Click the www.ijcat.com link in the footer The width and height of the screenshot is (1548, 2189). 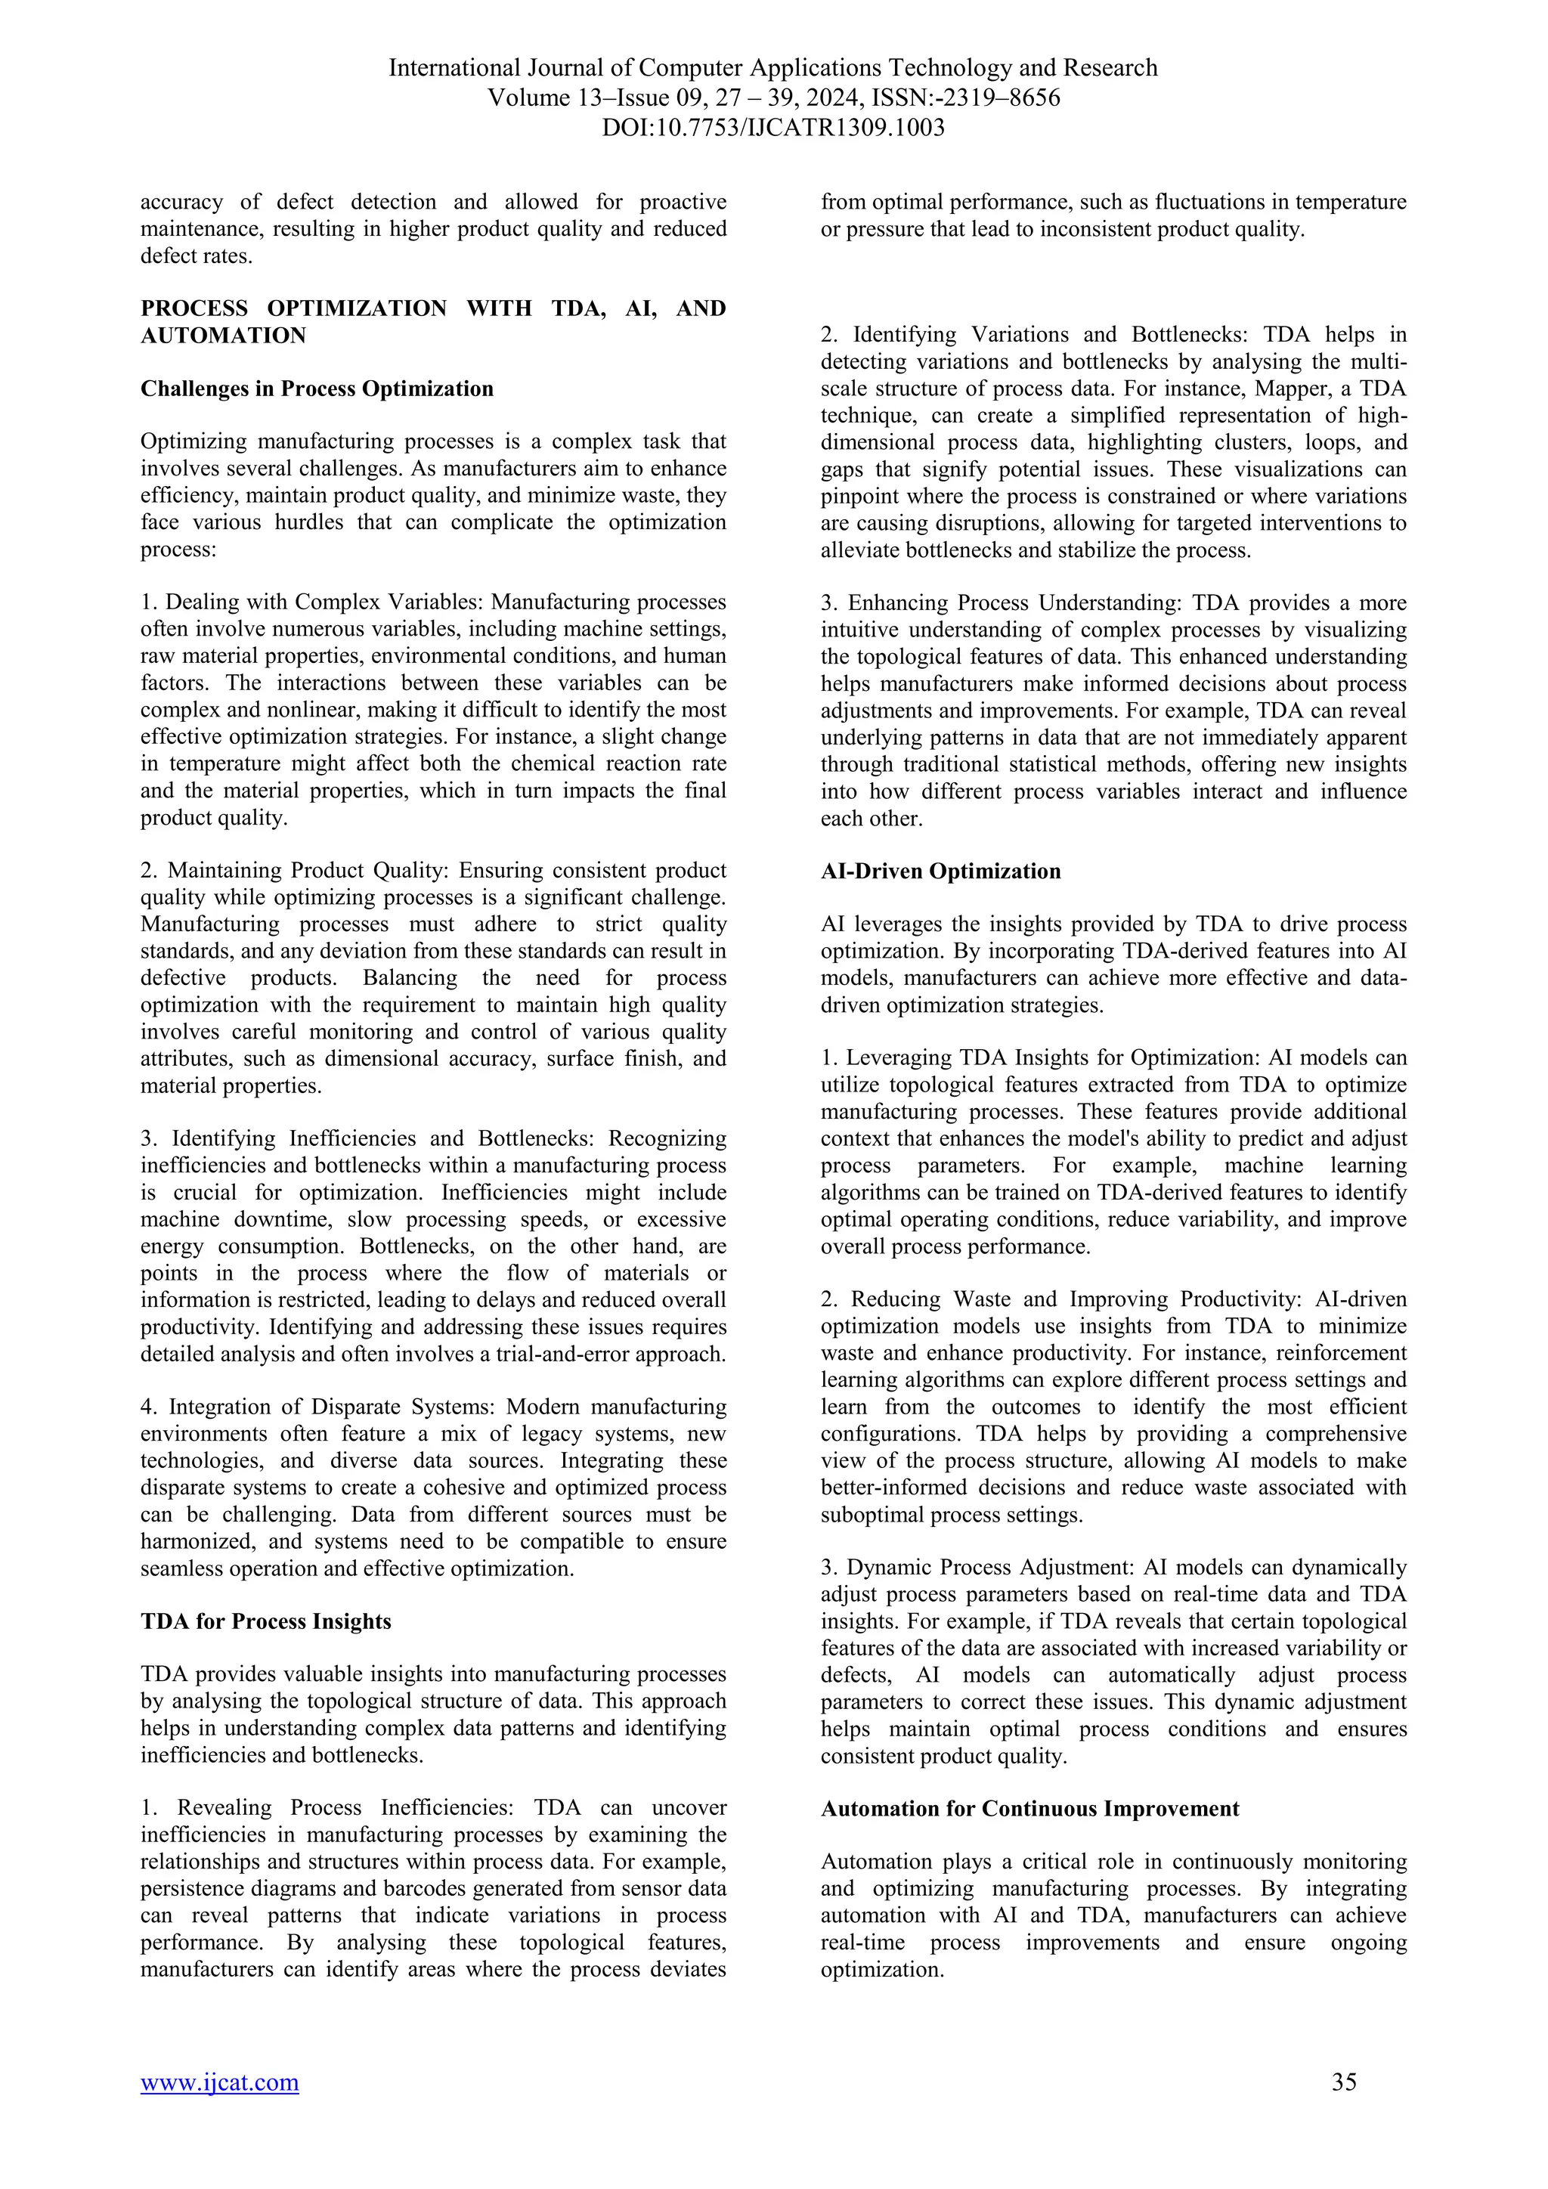tap(219, 2082)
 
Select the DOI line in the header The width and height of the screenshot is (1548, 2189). tap(773, 128)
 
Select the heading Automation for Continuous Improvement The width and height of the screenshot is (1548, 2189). tap(1029, 1809)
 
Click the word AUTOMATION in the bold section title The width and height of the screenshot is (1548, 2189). tap(223, 336)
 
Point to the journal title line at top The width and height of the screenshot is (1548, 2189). tap(773, 69)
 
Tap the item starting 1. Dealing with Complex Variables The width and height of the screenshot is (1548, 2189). tap(433, 709)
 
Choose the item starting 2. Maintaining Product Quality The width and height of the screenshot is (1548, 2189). tap(433, 977)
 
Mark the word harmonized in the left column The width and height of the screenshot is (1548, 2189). tap(197, 1542)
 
